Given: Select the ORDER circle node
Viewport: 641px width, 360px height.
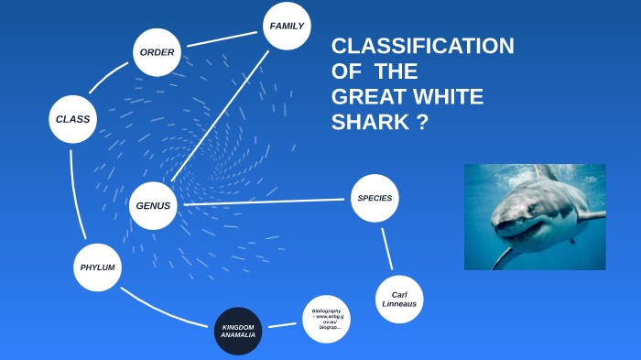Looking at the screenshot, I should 157,52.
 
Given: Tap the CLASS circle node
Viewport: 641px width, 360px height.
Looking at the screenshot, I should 72,119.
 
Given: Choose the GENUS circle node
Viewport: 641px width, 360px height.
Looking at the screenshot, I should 153,205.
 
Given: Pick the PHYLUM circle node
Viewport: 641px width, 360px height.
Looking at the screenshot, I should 96,267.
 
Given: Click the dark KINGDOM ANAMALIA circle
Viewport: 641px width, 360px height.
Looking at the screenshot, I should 238,331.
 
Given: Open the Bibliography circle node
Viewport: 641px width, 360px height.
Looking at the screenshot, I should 326,319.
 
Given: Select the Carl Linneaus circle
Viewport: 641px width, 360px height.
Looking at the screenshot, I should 399,299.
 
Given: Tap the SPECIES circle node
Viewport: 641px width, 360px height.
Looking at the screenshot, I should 375,198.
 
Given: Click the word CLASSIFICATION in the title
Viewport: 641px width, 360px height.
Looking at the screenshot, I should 422,47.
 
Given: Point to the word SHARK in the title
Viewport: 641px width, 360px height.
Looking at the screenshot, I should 365,122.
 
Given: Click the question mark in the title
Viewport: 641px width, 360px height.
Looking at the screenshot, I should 422,122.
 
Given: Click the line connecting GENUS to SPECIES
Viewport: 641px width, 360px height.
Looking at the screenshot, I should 266,202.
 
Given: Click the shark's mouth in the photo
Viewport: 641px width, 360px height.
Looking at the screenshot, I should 516,235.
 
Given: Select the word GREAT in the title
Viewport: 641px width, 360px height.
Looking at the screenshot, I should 365,97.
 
